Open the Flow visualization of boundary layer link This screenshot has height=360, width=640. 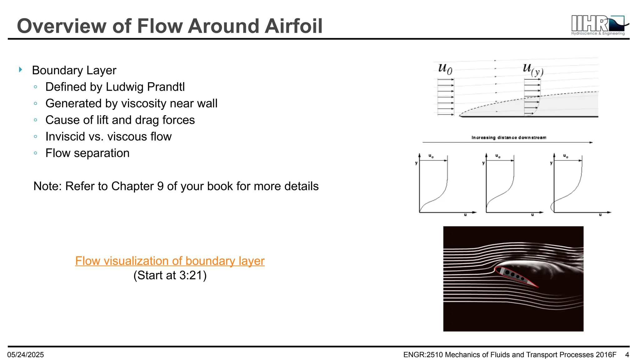170,261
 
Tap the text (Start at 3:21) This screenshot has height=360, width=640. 170,275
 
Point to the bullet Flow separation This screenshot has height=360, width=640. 87,153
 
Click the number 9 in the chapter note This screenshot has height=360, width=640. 160,186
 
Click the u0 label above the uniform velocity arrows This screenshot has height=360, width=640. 445,68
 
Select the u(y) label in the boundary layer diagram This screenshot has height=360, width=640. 533,69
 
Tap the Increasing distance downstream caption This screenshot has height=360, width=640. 509,137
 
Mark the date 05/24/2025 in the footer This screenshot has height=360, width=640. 26,355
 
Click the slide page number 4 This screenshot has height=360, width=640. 627,355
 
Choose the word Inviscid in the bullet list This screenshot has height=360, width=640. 65,137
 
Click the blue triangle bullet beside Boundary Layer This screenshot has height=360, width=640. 21,70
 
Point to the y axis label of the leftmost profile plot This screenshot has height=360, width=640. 416,163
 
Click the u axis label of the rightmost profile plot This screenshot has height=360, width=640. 600,215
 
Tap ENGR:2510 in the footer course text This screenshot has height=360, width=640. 423,355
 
